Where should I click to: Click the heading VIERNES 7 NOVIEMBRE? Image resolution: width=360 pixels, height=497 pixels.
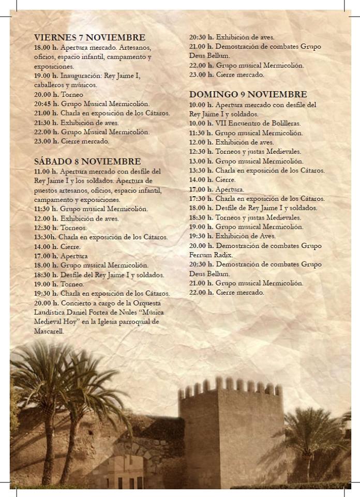89,37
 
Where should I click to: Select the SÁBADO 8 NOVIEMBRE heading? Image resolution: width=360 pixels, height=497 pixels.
87,161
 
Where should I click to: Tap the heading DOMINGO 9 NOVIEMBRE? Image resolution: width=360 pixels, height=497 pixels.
248,94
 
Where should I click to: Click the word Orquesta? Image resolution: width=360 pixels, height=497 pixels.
146,303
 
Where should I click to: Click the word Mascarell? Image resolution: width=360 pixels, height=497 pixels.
49,331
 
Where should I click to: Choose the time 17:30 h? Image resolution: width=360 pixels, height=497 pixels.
201,198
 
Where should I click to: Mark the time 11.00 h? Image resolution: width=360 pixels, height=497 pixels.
46,171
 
